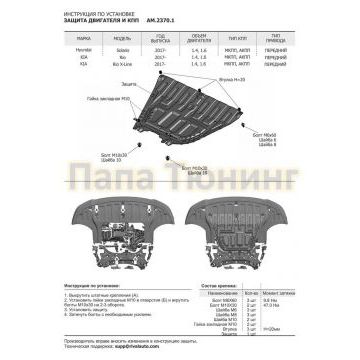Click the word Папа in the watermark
105,188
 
